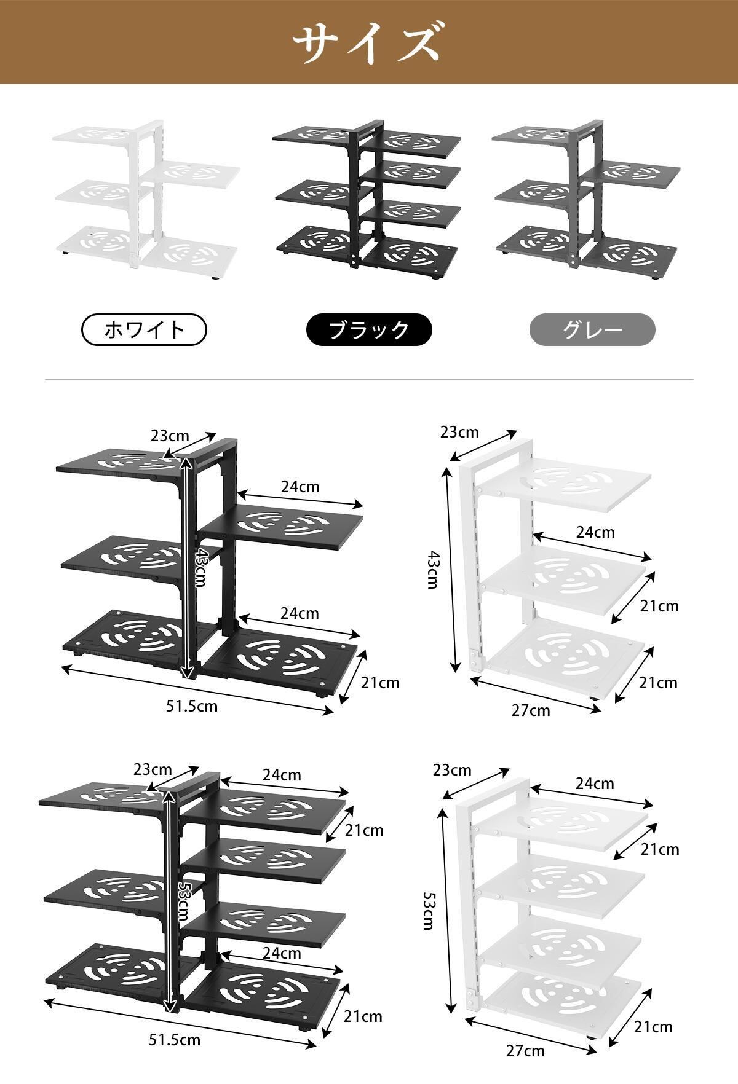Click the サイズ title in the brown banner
[368, 42]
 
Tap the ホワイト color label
[144, 330]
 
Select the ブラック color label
[369, 330]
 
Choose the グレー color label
[592, 330]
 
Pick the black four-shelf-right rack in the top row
[367, 199]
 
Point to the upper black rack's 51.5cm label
[191, 706]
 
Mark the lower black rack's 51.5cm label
[175, 1040]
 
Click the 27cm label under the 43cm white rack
[531, 711]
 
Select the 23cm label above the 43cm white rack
[459, 432]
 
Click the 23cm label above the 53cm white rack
[452, 770]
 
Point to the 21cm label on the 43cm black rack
[380, 683]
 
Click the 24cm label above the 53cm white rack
[595, 784]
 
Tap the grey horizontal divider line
[369, 380]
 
